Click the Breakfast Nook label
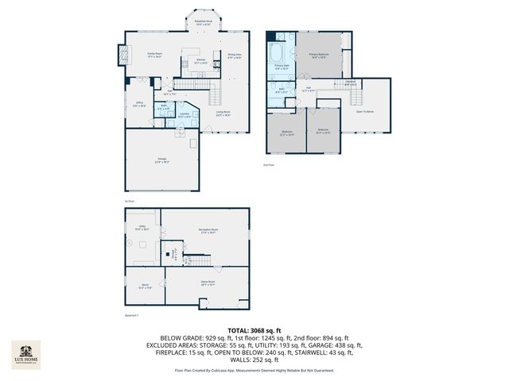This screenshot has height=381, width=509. click(203, 23)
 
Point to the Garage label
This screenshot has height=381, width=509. click(161, 161)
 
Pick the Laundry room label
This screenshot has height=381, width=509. click(184, 115)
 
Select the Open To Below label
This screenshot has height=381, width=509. click(364, 112)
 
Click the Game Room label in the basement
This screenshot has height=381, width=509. click(208, 283)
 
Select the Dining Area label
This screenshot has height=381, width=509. click(234, 56)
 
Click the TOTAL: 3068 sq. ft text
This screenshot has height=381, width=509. click(254, 329)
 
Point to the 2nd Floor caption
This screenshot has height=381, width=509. click(268, 164)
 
